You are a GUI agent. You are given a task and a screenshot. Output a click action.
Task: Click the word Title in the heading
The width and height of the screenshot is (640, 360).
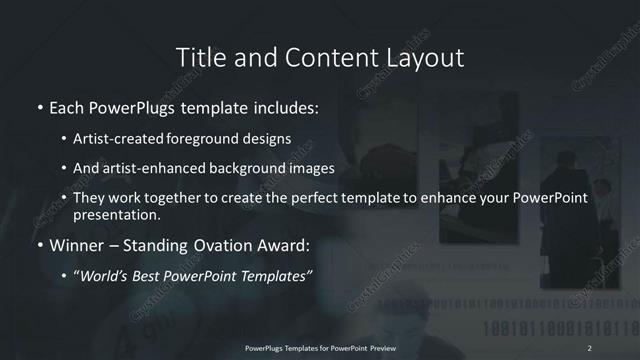[x=200, y=58]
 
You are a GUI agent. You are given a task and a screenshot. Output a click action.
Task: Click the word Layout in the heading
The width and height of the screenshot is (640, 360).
[x=427, y=58]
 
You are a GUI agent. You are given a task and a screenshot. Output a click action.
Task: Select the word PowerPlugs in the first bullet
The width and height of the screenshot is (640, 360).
[x=139, y=107]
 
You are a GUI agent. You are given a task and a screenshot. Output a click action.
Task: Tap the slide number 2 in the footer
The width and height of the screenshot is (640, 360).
[x=591, y=347]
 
